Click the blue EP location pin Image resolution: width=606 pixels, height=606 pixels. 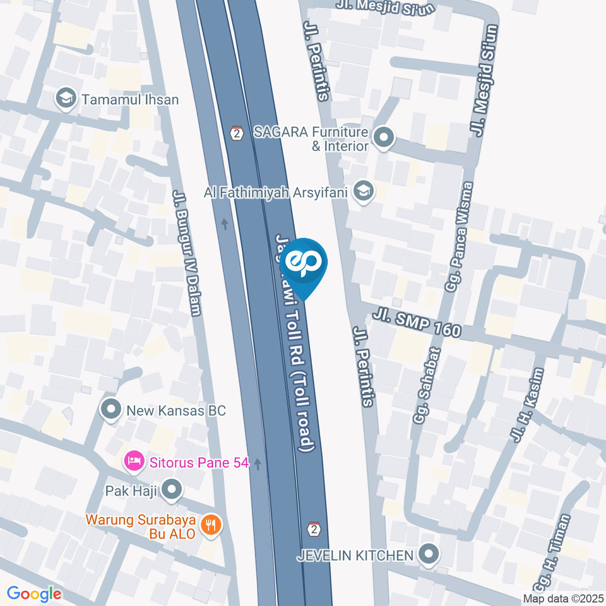click(x=304, y=263)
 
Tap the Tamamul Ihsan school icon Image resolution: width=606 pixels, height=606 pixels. click(x=64, y=99)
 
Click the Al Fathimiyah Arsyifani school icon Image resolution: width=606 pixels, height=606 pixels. click(x=362, y=190)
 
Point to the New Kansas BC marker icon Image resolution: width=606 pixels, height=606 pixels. click(x=111, y=410)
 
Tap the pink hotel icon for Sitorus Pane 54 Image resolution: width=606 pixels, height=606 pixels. click(x=134, y=461)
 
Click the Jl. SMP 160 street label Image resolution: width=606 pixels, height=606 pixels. click(x=417, y=322)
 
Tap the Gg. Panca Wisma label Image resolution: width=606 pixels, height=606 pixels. click(x=459, y=236)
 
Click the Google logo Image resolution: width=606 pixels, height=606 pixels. click(x=34, y=593)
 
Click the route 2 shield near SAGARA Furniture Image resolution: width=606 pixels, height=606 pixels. click(x=237, y=133)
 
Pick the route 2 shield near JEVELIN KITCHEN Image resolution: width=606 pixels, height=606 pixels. click(x=314, y=528)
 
